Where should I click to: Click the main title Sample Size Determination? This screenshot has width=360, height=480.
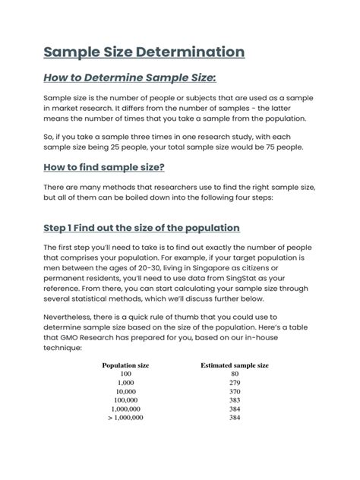click(x=144, y=53)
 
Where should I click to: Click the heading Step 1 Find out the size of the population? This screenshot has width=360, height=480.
click(x=141, y=228)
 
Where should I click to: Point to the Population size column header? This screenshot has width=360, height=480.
click(x=125, y=365)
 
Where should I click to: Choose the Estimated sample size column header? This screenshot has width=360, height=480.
click(x=233, y=365)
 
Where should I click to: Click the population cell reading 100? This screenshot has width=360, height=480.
click(x=125, y=374)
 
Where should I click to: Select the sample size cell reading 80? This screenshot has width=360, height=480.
click(x=233, y=374)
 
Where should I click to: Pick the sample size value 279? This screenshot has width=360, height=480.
click(x=233, y=384)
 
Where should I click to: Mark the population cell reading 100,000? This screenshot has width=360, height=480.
click(x=125, y=399)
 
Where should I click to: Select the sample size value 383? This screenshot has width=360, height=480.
click(x=233, y=399)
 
